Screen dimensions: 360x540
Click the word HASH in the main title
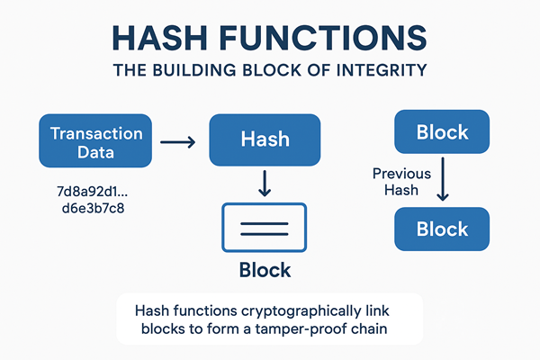[x=165, y=40]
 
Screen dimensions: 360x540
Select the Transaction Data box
[x=96, y=142]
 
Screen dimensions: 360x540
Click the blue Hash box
[x=265, y=140]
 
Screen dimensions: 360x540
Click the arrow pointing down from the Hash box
[x=265, y=184]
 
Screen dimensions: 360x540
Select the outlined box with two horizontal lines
[x=265, y=227]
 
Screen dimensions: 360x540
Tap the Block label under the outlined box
[x=265, y=270]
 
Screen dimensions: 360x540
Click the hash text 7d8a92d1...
[x=92, y=192]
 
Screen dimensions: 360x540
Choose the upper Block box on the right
[x=443, y=133]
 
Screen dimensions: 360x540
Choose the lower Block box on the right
[x=443, y=229]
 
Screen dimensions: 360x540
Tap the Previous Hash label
[x=401, y=182]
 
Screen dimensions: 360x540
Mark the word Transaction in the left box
[x=96, y=133]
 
